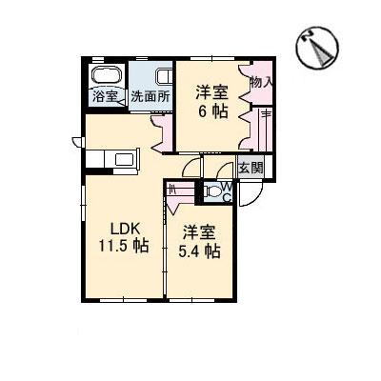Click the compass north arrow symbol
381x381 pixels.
tap(317, 48)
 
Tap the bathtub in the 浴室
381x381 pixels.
tap(107, 75)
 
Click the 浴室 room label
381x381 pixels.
tap(106, 96)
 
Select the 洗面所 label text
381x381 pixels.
tap(150, 96)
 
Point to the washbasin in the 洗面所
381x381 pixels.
tap(165, 77)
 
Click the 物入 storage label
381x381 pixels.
tap(261, 83)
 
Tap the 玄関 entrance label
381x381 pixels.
tap(251, 168)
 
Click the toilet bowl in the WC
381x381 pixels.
tap(212, 191)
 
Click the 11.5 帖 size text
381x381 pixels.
tap(124, 246)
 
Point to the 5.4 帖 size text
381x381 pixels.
tap(199, 251)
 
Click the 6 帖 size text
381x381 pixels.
tap(213, 111)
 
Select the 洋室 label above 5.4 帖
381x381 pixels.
tap(199, 233)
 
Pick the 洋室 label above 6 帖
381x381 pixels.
tap(211, 93)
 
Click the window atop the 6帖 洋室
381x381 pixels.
tap(212, 58)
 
